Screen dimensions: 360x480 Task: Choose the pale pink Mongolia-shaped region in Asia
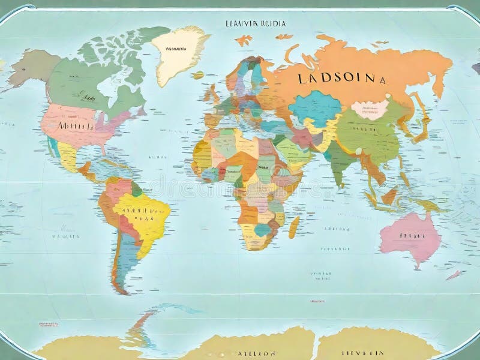tap(370, 109)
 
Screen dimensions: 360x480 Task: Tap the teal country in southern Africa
tap(262, 230)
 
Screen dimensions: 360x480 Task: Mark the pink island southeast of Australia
tap(454, 275)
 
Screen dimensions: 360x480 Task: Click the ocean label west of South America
tap(65, 236)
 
